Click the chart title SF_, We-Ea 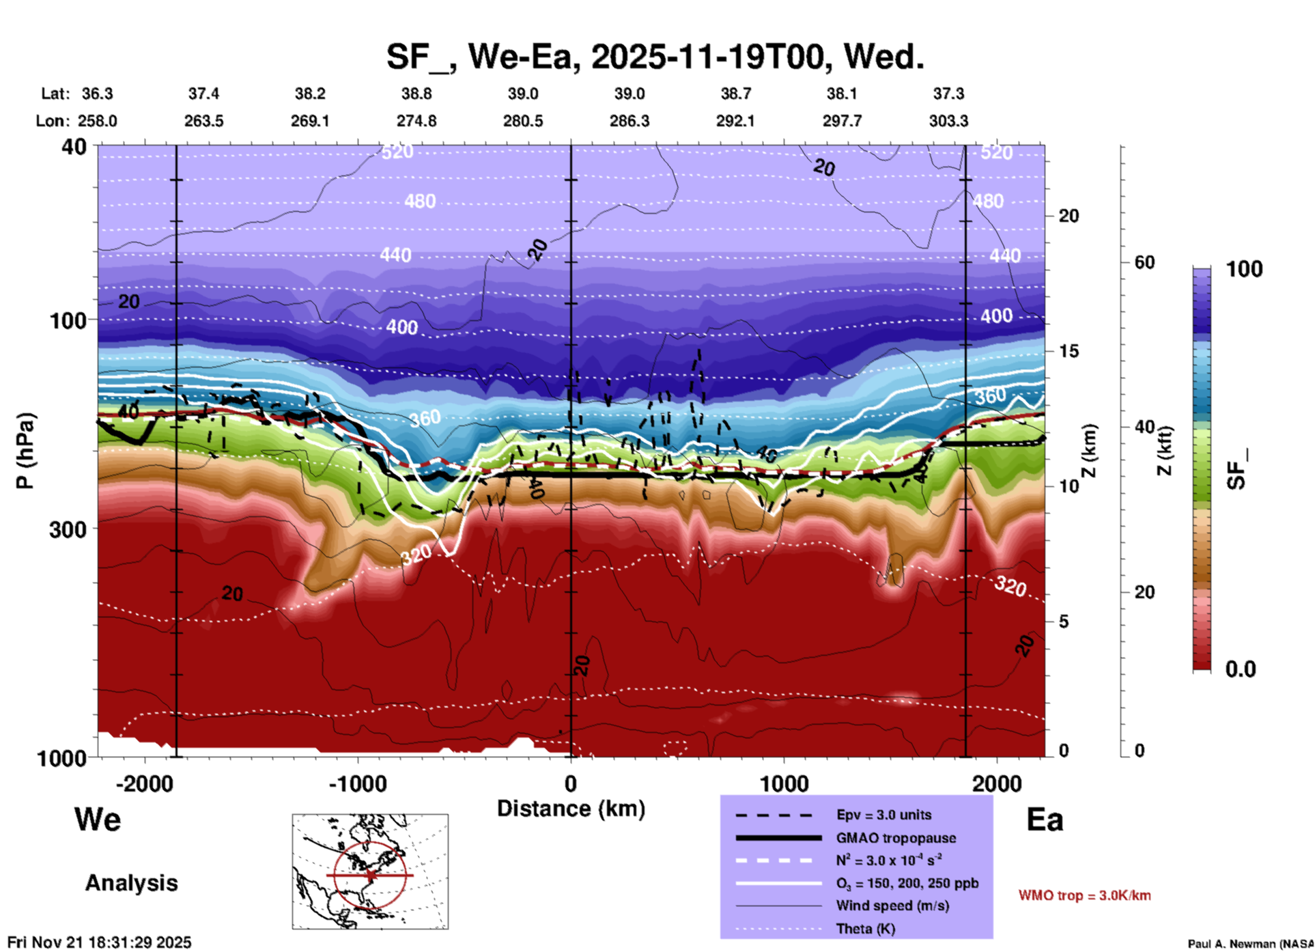click(x=655, y=57)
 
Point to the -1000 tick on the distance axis click(x=358, y=784)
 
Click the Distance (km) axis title click(x=571, y=809)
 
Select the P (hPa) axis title click(x=25, y=451)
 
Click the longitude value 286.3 click(x=629, y=121)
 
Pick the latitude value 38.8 click(x=416, y=94)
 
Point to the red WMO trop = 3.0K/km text click(x=1084, y=895)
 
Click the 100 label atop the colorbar click(x=1244, y=269)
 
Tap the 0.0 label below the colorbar click(x=1241, y=669)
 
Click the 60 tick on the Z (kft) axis click(x=1144, y=262)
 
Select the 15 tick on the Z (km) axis click(x=1069, y=351)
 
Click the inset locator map click(x=370, y=871)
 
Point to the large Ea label click(x=1045, y=820)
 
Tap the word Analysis click(x=131, y=883)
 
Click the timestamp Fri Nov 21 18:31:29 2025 click(x=100, y=942)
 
